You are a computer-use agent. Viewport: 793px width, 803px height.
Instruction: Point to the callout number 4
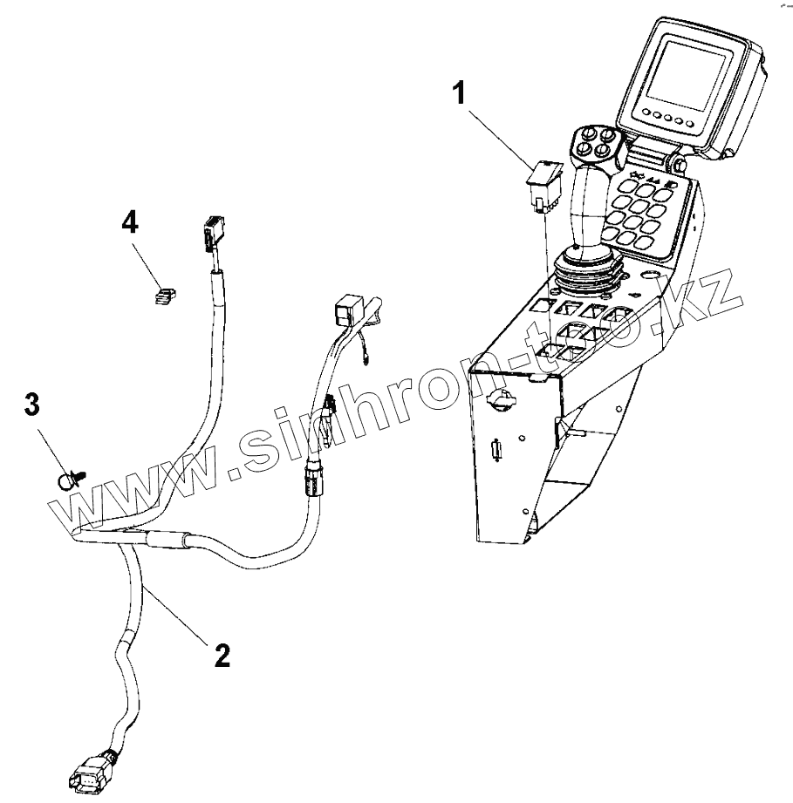[x=129, y=223]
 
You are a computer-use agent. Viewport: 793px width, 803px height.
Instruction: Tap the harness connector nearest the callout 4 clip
[x=209, y=235]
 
